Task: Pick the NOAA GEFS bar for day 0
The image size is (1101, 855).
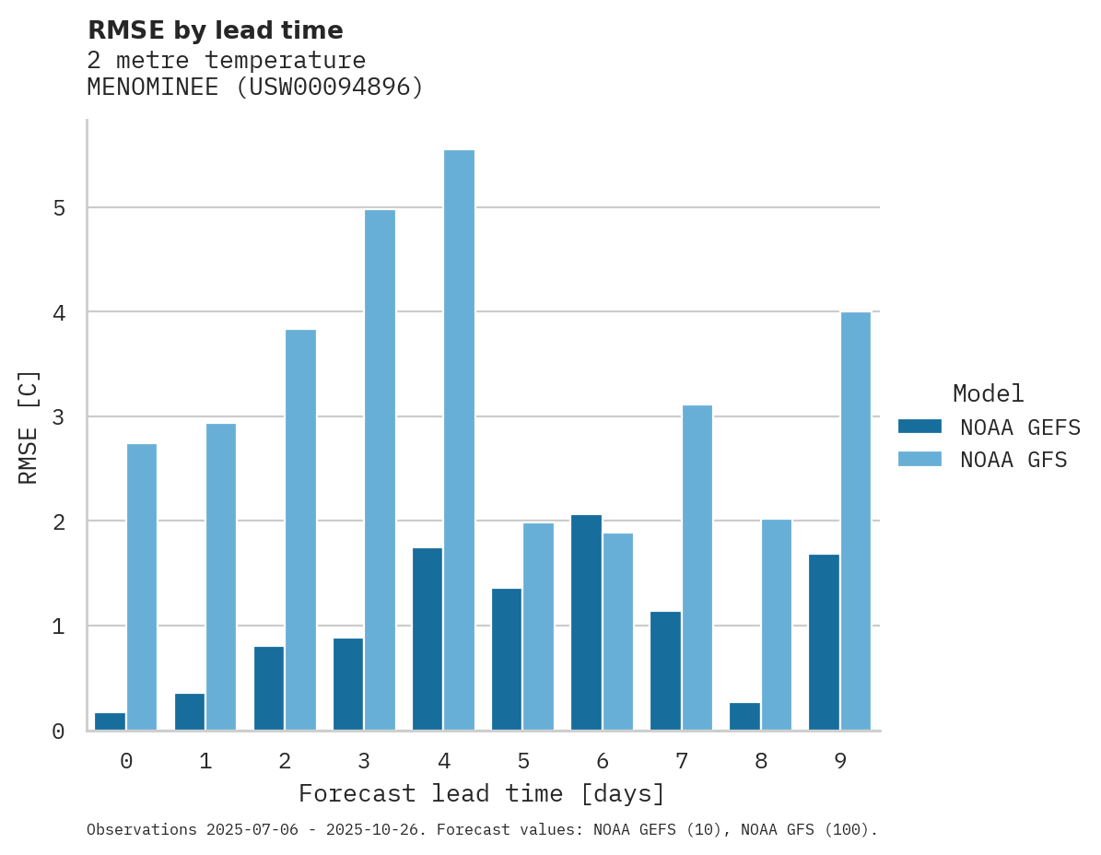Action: [x=111, y=721]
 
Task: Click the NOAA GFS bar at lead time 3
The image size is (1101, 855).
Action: [x=380, y=470]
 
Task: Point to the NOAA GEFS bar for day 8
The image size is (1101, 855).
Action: [x=744, y=717]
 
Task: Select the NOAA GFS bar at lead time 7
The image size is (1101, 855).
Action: [x=697, y=568]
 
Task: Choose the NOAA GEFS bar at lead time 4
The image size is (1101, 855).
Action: [x=428, y=638]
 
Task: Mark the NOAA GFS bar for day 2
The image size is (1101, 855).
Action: [x=300, y=530]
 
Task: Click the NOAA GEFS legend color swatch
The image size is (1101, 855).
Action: [x=919, y=427]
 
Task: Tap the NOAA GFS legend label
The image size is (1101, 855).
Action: [x=1013, y=460]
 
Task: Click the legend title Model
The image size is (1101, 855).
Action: [x=988, y=394]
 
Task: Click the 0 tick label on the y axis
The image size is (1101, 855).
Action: [x=58, y=732]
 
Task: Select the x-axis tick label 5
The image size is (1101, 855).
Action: [x=523, y=762]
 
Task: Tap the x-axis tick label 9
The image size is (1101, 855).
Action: [x=840, y=762]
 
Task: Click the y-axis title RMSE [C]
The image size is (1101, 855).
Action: [x=29, y=427]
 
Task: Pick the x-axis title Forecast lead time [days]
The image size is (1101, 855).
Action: [x=482, y=793]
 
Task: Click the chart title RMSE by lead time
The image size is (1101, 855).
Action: [x=215, y=30]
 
